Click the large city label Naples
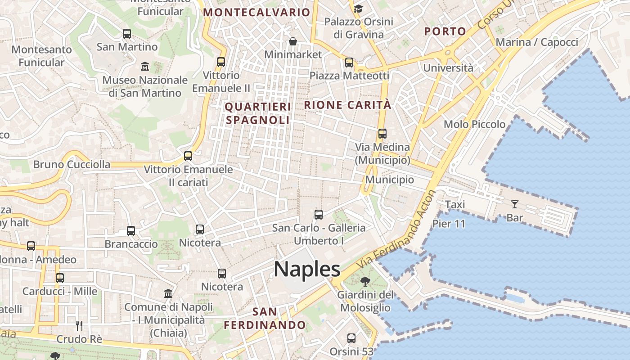point(307,269)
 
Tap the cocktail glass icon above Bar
point(515,204)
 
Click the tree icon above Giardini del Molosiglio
point(365,282)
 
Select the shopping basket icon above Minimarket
point(293,41)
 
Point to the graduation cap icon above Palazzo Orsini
point(358,9)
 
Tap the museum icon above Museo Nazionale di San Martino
point(145,67)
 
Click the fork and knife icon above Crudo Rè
point(79,325)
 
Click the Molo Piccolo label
point(474,124)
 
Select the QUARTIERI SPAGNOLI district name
point(258,113)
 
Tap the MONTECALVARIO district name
point(256,13)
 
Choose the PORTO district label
point(445,31)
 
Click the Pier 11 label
point(449,224)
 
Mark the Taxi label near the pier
point(455,205)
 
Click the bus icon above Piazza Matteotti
point(349,63)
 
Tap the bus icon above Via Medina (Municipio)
point(382,134)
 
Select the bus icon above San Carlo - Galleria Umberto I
point(319,215)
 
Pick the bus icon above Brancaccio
point(131,231)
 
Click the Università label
point(448,68)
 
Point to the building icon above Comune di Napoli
point(168,294)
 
